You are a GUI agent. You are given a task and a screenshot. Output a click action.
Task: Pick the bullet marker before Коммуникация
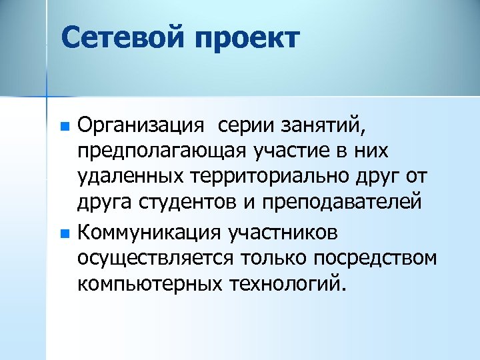coord(64,234)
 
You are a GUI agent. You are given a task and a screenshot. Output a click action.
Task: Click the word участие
coord(289,152)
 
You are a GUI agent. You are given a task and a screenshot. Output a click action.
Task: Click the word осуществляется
coord(157,259)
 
